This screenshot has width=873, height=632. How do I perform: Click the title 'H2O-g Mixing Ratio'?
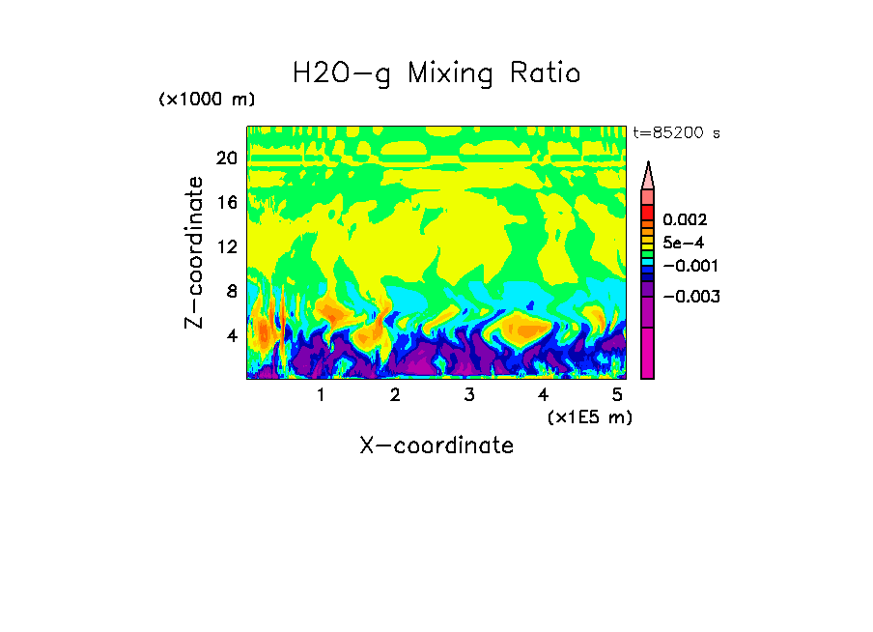coord(436,73)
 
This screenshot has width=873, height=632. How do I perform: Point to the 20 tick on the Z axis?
coord(226,158)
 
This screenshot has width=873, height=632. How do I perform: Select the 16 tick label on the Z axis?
coord(226,203)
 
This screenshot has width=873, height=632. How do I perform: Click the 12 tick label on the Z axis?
coord(226,247)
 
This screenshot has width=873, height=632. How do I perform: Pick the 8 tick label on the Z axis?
coord(230,292)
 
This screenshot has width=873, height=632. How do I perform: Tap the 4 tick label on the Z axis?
coord(230,336)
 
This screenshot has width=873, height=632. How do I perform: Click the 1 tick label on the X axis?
coord(321,395)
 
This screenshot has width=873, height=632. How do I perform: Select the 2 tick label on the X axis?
coord(395,395)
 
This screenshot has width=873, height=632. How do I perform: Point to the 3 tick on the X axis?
coord(469,395)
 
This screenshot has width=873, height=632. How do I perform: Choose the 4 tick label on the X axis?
coord(544,395)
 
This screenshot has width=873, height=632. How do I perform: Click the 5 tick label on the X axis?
coord(617,395)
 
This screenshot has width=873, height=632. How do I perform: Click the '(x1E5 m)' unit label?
coord(589,417)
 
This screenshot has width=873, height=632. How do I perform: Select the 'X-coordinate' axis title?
coord(436,445)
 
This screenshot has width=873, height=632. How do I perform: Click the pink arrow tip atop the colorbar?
coord(648,175)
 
